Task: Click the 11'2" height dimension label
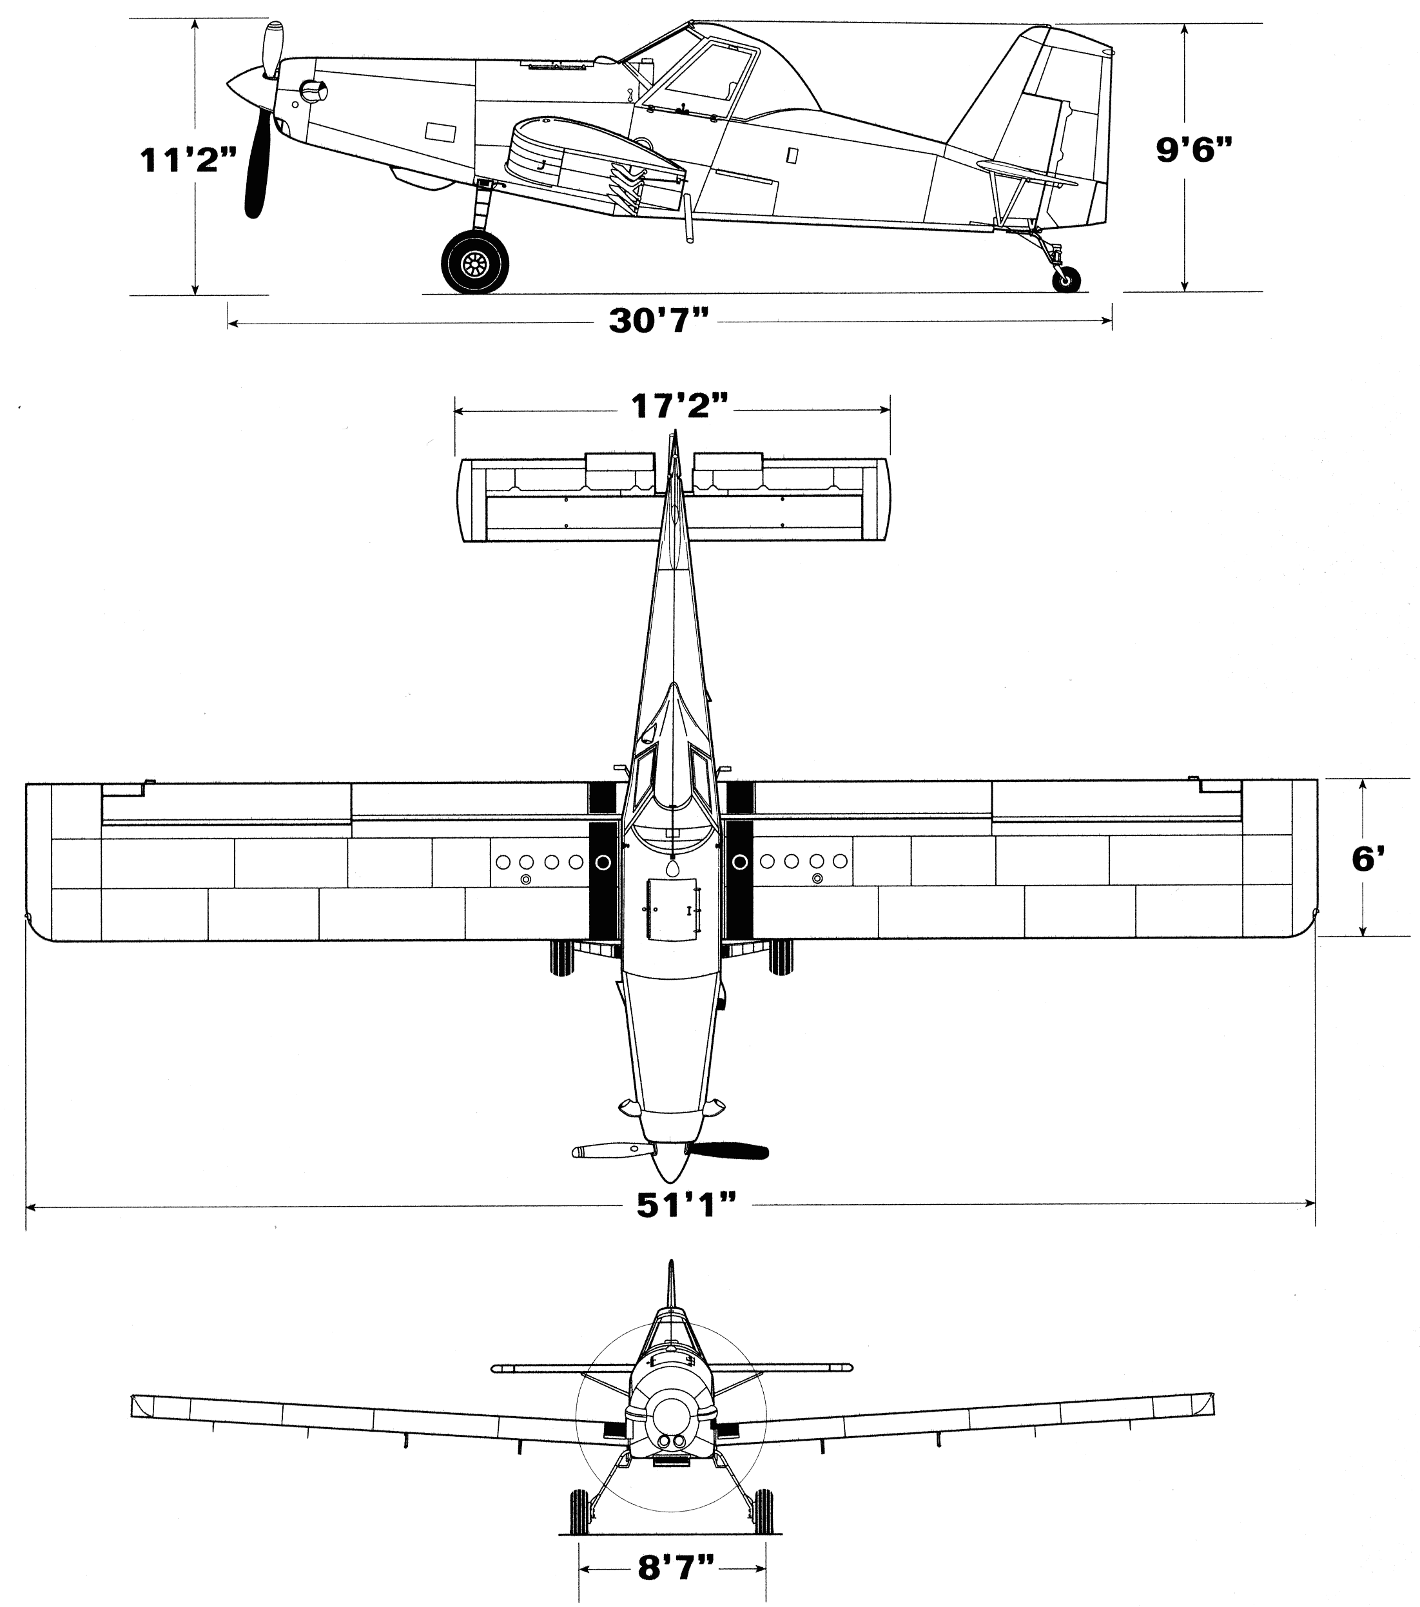click(188, 161)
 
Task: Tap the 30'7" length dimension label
click(659, 321)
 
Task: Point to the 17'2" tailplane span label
click(680, 407)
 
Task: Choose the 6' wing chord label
click(1367, 859)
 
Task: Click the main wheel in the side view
click(475, 261)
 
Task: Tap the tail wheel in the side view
click(1066, 279)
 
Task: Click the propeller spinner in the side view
click(246, 85)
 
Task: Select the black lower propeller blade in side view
click(257, 169)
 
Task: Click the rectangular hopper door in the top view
click(672, 910)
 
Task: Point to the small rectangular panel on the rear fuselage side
click(792, 155)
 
